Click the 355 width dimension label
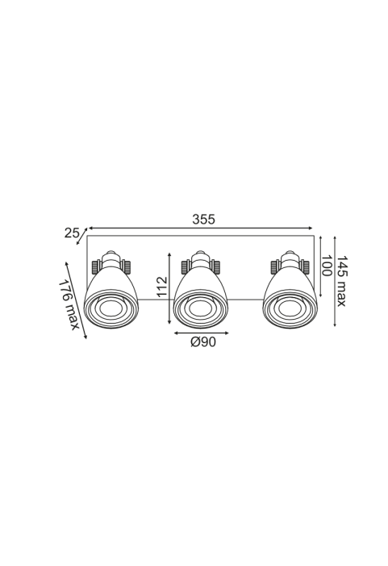(x=203, y=220)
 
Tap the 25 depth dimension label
(x=72, y=233)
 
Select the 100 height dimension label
(x=327, y=266)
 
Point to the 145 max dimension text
(x=341, y=281)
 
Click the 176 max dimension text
(x=69, y=304)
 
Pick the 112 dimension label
(x=163, y=287)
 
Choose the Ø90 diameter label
(x=203, y=342)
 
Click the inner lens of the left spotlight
(x=111, y=309)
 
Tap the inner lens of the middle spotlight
(x=200, y=309)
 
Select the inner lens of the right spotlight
(x=290, y=309)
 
